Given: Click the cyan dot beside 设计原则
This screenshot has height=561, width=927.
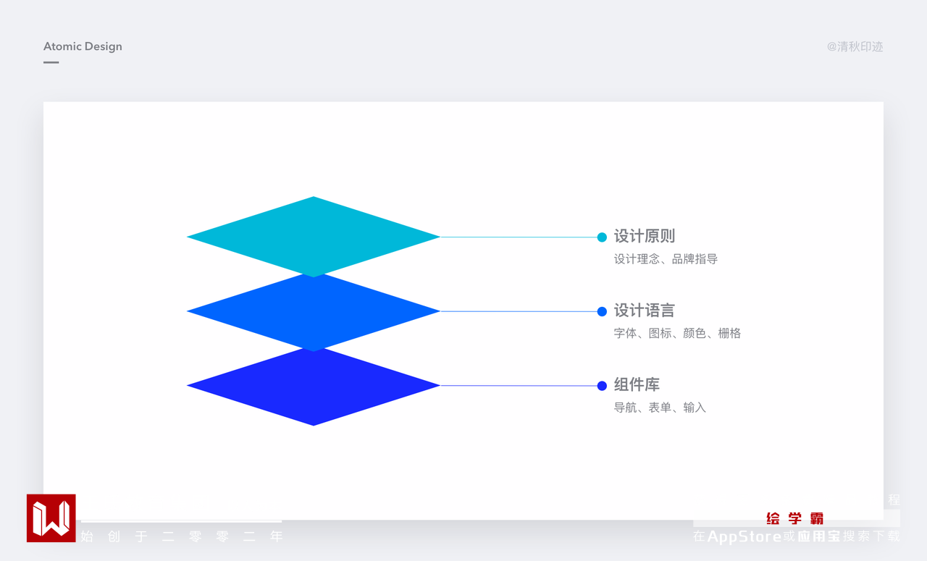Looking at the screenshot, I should [602, 237].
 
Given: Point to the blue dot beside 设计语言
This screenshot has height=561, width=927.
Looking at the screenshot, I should [602, 311].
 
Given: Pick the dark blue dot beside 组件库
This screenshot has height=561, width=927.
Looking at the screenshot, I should [602, 386].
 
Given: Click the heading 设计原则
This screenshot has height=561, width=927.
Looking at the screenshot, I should [644, 236].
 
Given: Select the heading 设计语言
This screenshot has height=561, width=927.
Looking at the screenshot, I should [644, 311].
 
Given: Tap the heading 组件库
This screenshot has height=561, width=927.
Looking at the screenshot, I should [637, 385].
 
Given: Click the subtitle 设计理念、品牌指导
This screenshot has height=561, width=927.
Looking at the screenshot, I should [666, 259].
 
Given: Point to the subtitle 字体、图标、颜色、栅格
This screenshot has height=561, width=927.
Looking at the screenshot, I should [677, 334].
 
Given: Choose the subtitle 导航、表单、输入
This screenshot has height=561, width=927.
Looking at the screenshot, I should [660, 408].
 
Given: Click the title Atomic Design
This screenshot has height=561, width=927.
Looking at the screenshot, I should [83, 46].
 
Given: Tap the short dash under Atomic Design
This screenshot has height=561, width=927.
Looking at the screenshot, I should [51, 62].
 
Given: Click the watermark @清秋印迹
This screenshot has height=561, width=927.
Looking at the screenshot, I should [855, 47].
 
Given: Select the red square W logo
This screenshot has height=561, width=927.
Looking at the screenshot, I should [51, 518].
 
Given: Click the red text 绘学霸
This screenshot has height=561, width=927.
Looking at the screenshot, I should [795, 518].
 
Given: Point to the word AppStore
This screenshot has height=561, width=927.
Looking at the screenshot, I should [744, 536].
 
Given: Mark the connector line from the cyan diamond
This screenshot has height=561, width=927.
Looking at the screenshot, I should [518, 237].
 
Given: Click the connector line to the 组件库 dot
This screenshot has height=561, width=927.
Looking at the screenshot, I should [518, 386].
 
